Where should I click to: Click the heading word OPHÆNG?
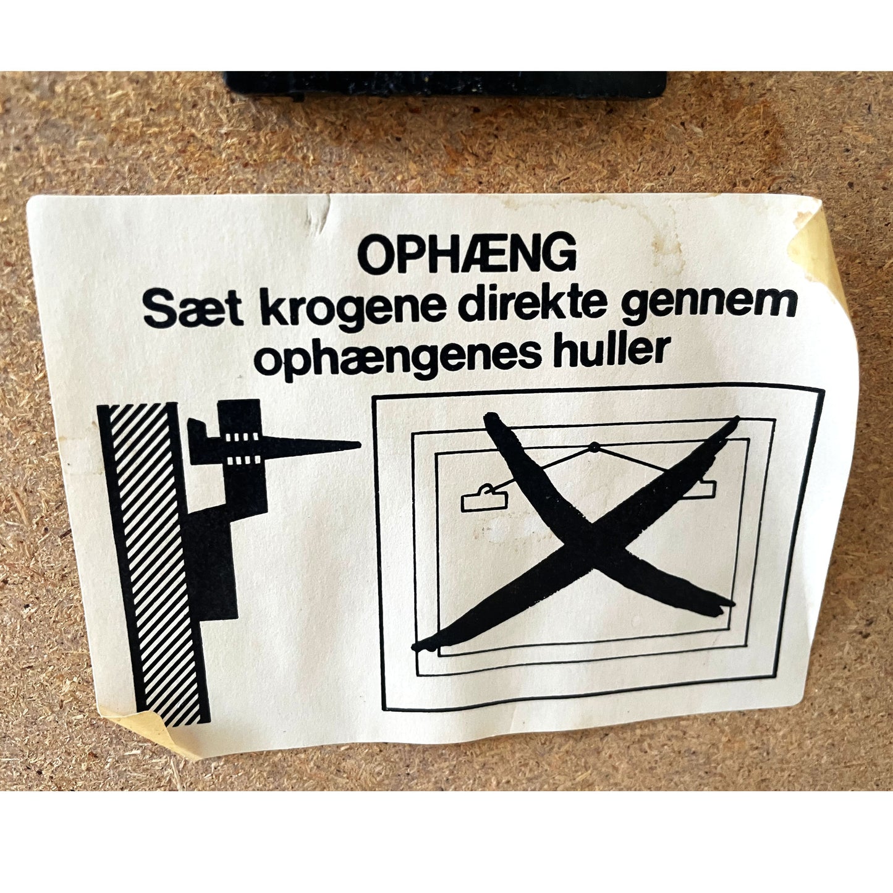tap(467, 255)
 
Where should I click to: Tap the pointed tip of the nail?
tap(360, 444)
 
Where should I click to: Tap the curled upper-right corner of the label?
tap(816, 245)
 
